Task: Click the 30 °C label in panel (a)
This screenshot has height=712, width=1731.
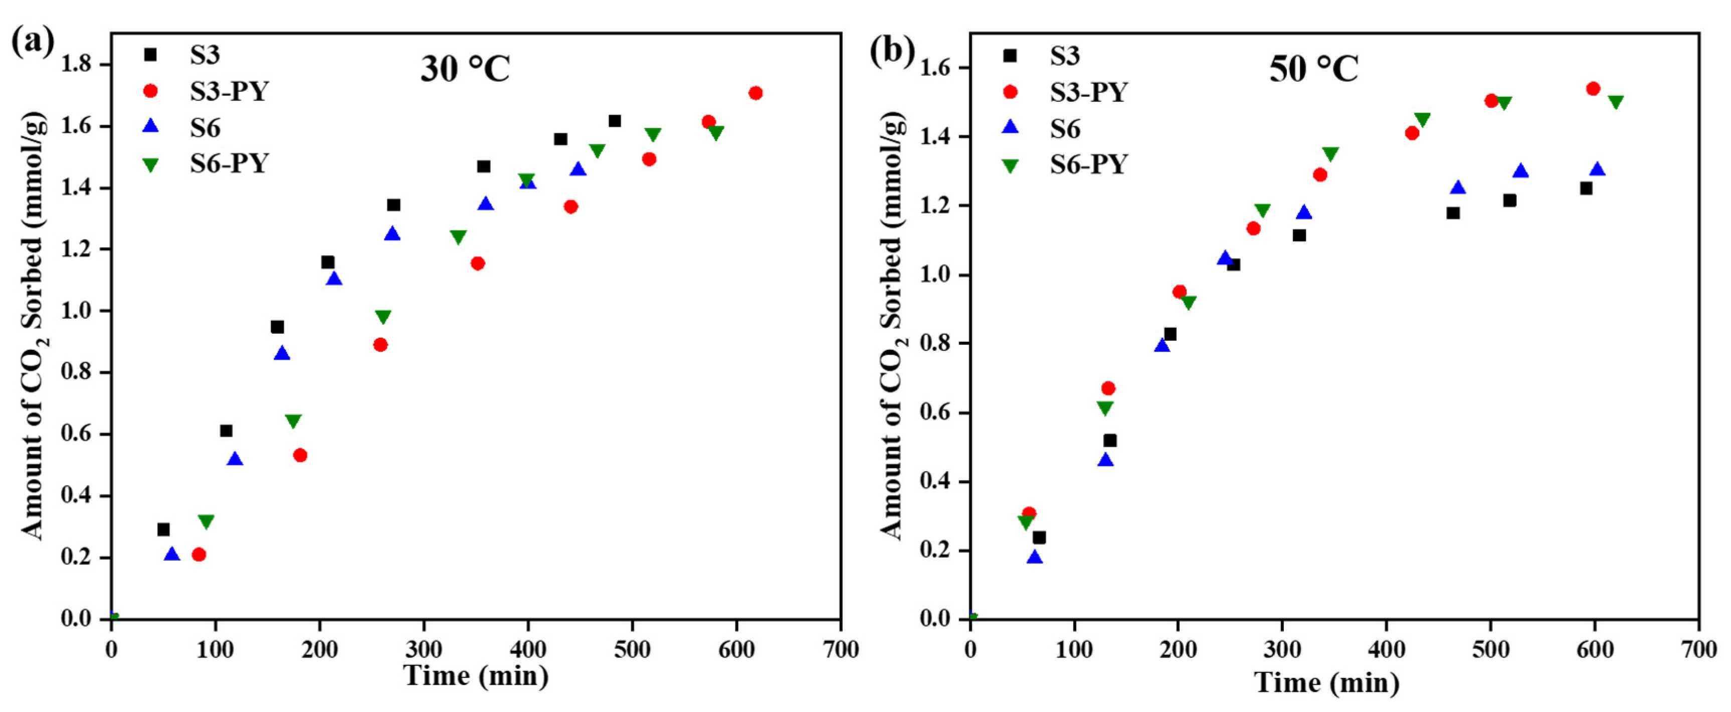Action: click(465, 69)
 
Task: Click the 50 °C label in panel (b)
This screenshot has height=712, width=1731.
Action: click(1314, 69)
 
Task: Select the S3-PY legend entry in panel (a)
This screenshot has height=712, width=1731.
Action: click(229, 91)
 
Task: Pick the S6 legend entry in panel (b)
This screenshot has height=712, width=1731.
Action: click(1065, 128)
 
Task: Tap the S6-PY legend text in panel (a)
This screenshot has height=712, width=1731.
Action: click(229, 163)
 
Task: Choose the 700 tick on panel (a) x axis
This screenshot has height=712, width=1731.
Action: click(840, 649)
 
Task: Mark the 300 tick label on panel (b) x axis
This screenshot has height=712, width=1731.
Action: click(1282, 649)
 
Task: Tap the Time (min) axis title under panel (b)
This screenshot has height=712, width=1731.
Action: click(1327, 683)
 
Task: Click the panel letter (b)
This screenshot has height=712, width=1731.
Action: click(891, 51)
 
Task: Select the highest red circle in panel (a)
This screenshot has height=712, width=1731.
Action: click(755, 93)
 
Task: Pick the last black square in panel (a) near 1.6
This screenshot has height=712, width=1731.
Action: click(614, 121)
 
